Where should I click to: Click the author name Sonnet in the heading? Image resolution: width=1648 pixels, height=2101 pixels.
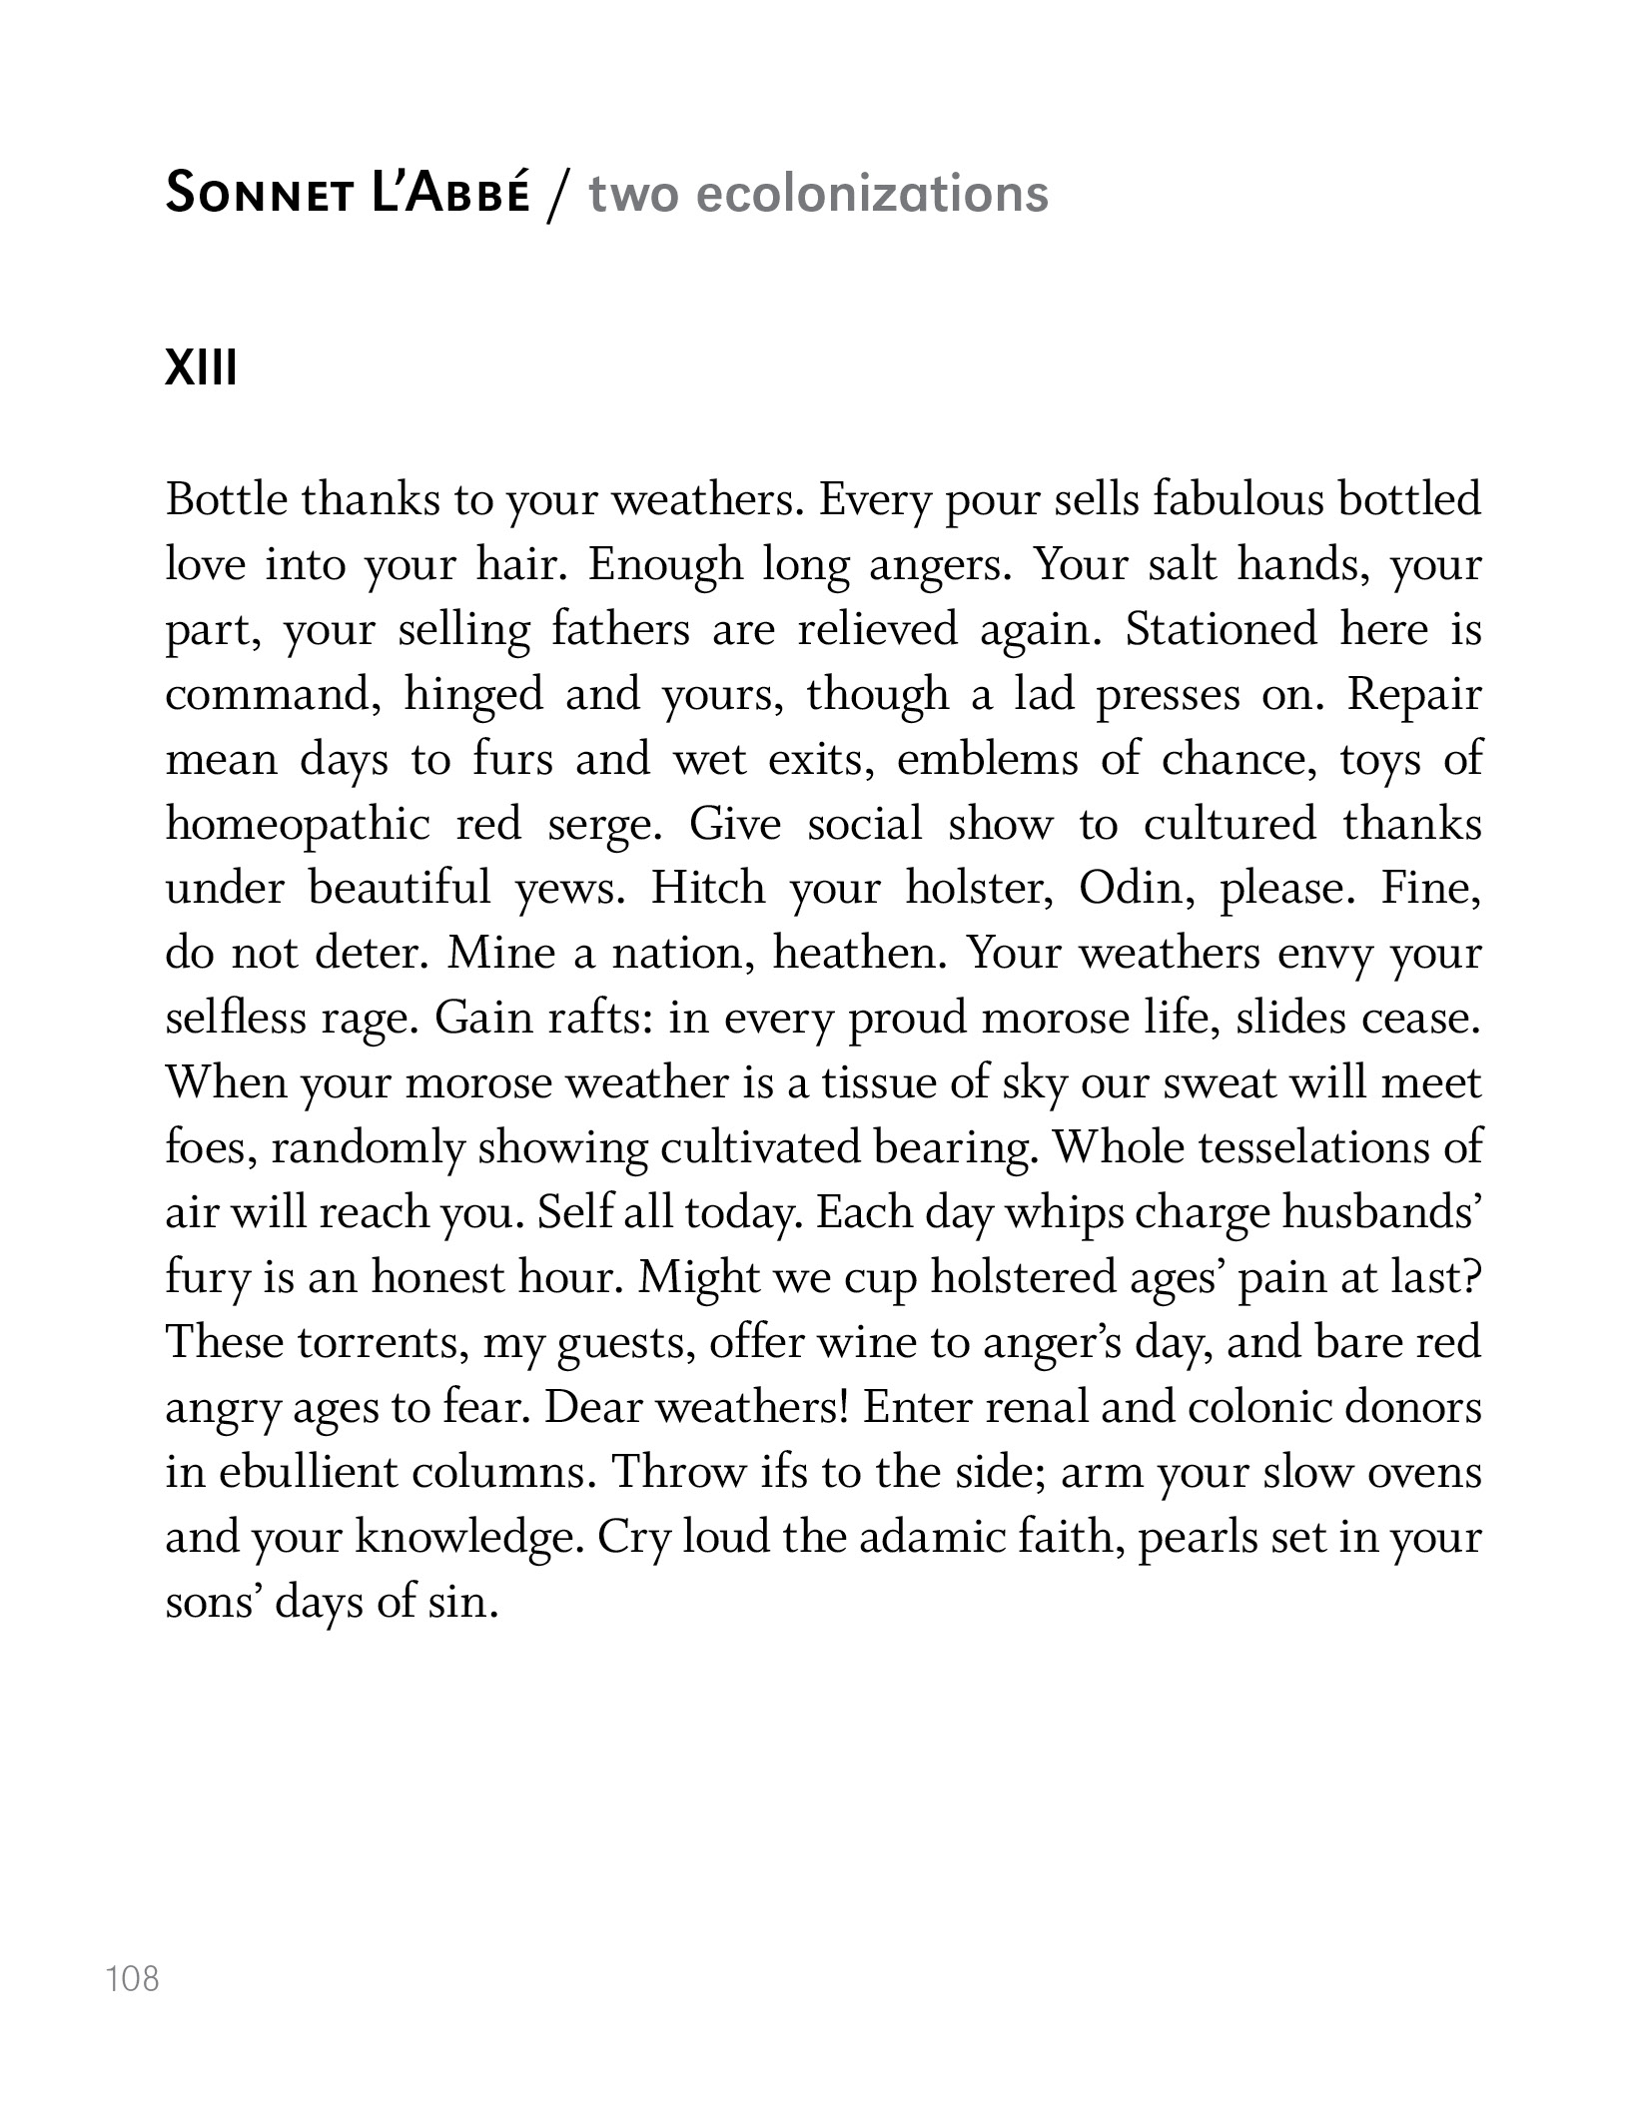click(259, 193)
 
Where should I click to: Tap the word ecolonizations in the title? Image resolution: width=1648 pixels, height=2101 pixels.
click(871, 193)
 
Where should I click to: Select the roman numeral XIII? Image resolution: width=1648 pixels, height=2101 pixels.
click(202, 369)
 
